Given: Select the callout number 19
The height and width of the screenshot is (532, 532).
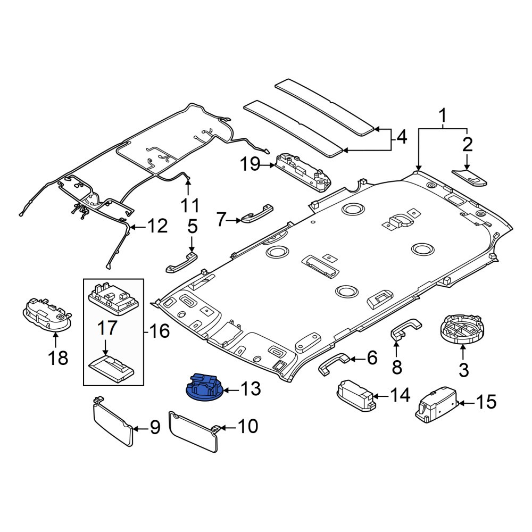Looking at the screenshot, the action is coord(251,165).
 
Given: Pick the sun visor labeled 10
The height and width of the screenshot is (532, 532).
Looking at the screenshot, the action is coord(194,431).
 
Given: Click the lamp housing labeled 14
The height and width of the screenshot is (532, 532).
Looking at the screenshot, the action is coord(356,396).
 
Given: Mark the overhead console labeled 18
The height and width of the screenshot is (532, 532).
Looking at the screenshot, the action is coord(47,314).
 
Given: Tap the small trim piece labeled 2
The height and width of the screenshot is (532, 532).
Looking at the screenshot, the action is coord(470,178).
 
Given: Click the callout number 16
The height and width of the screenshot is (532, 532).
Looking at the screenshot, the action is coord(159,331).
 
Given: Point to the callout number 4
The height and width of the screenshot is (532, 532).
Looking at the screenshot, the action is coord(402,137).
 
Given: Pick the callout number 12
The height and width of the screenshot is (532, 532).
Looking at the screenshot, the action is coord(157,226).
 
